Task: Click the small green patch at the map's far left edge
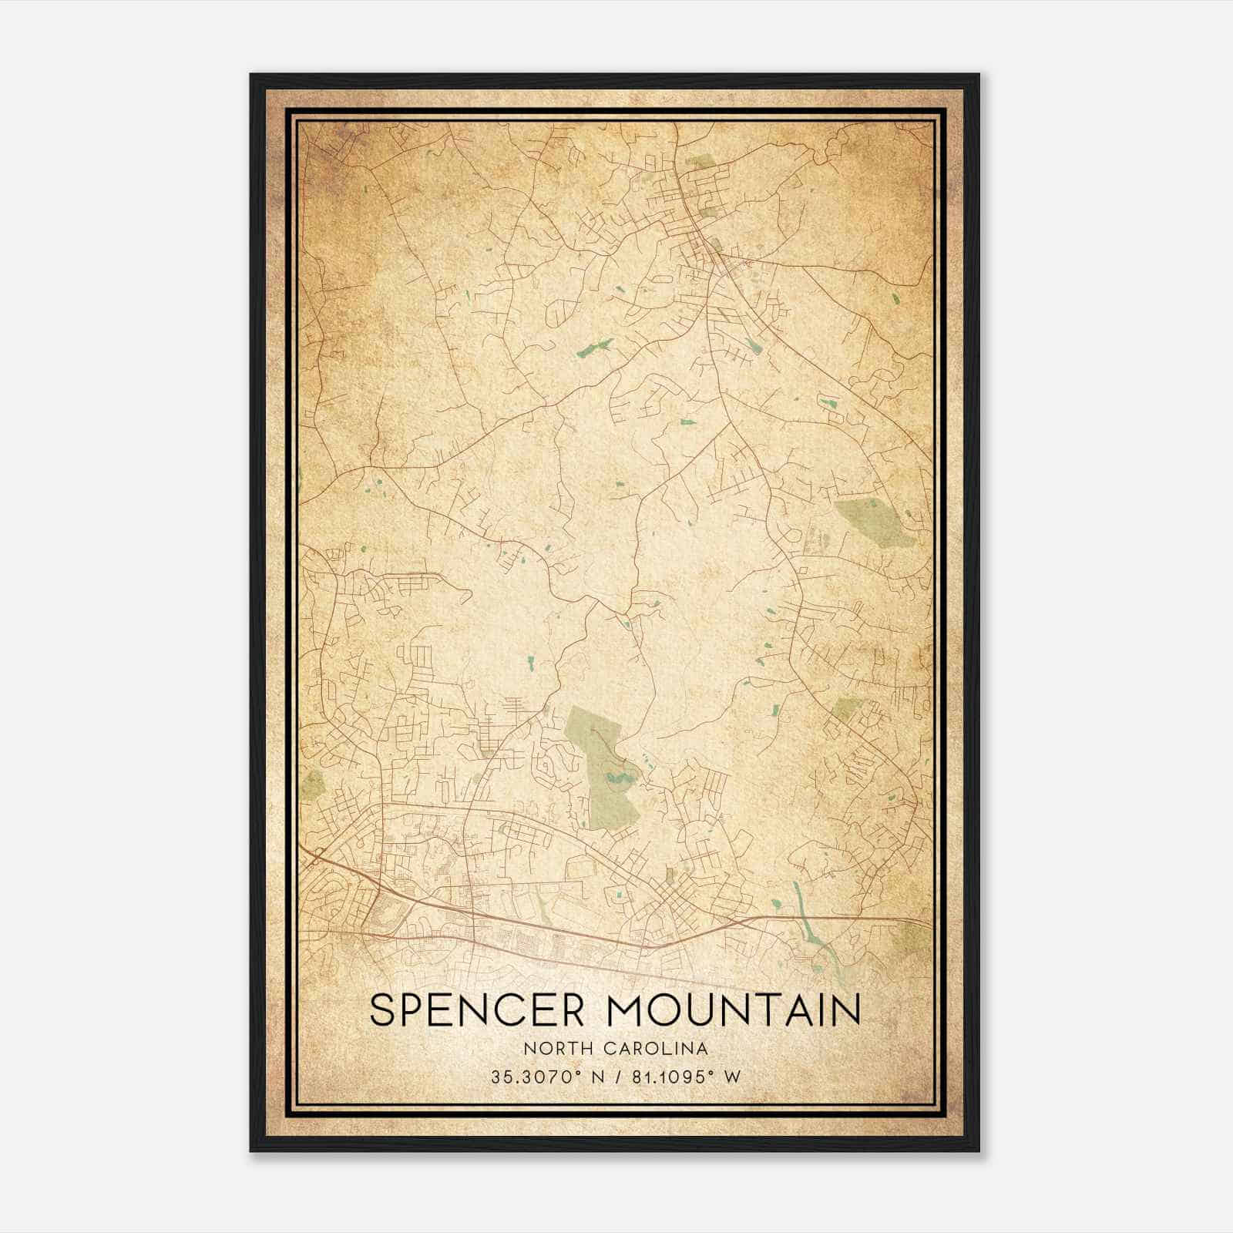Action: click(313, 784)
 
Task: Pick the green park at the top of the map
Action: click(700, 163)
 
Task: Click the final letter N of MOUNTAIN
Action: click(845, 1010)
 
